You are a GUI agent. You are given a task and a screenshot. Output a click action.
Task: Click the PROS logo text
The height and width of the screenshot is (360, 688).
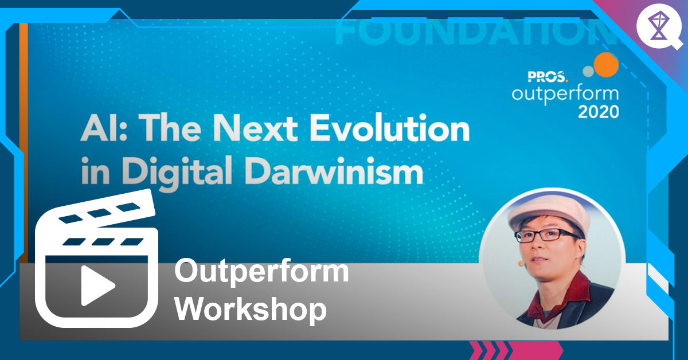pos(548,75)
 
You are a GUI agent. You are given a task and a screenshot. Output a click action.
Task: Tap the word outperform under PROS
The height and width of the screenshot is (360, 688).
pos(565,93)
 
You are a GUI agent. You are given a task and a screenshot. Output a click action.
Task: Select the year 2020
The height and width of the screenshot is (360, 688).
pos(598,111)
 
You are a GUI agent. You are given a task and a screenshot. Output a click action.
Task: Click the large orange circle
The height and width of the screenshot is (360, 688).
pos(606,64)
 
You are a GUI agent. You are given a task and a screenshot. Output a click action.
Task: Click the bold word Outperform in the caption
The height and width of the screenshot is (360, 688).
pos(261,271)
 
